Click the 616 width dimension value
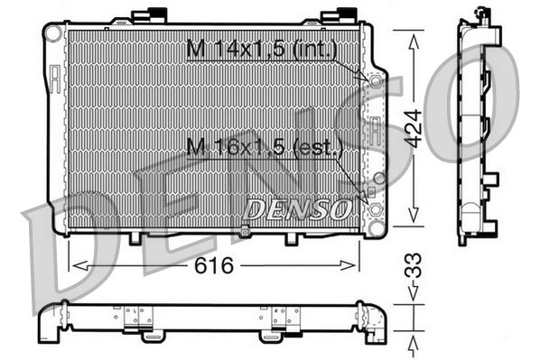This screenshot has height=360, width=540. point(215,265)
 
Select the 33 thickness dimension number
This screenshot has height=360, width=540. point(414,268)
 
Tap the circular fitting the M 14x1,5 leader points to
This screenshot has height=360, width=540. point(374,79)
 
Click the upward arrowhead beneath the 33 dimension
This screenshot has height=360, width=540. point(414,340)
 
